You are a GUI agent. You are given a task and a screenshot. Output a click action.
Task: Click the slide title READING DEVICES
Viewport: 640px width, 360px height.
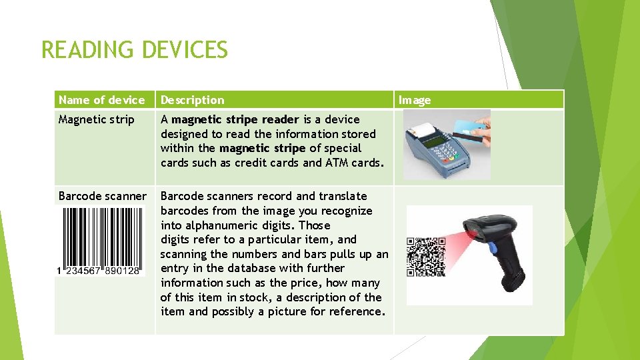134,50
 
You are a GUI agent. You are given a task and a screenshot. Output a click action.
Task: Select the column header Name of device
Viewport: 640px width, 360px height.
101,100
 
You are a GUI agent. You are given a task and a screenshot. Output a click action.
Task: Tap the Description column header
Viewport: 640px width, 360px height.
192,100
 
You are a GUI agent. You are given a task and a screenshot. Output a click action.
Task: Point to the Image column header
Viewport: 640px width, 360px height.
415,100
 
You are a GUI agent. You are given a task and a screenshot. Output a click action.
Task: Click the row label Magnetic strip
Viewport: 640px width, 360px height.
96,119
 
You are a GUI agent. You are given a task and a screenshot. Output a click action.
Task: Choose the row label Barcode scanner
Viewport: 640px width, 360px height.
102,196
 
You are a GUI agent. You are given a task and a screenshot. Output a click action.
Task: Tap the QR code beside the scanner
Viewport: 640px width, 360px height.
426,257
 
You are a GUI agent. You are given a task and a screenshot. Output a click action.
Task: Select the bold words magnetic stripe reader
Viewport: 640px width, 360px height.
235,119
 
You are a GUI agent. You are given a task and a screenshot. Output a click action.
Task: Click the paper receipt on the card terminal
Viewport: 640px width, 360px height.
419,129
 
